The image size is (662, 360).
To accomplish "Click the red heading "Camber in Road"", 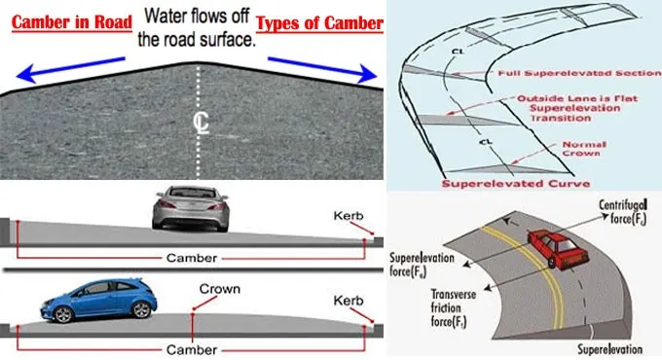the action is (x=72, y=22).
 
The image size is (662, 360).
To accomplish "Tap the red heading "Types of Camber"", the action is (x=319, y=23).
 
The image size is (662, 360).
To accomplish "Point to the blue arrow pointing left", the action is (x=70, y=70).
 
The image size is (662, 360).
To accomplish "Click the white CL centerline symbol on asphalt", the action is (x=201, y=124).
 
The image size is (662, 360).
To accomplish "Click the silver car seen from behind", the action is (x=191, y=208).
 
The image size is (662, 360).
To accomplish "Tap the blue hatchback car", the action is (x=98, y=300).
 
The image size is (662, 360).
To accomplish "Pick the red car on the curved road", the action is (x=557, y=248).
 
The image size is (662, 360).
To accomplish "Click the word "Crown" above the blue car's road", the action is (x=220, y=289).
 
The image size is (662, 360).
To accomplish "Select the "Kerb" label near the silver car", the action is (x=349, y=216).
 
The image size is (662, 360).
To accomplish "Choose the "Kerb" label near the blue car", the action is (x=349, y=301).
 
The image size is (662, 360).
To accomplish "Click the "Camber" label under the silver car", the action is (x=192, y=258).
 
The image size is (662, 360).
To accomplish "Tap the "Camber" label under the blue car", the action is (x=192, y=349).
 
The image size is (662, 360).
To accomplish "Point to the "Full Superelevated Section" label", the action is (x=579, y=73).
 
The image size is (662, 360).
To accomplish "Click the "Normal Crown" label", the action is (x=584, y=149).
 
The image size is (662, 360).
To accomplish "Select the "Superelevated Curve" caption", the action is (x=516, y=184).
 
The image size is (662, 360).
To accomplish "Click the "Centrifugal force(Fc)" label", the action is (x=623, y=212).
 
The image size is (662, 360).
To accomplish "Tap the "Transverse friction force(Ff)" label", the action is (x=453, y=307).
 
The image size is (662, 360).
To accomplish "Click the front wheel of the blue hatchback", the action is (x=63, y=314).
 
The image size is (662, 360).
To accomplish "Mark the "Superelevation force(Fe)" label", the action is (x=422, y=265).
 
